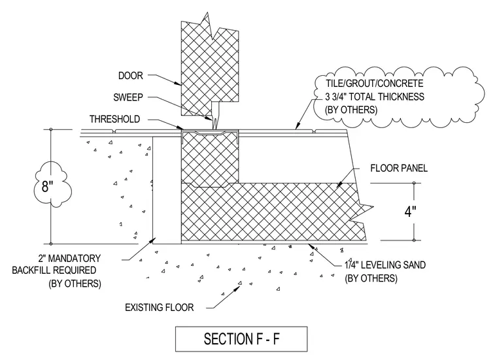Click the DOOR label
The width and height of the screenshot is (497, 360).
click(x=131, y=76)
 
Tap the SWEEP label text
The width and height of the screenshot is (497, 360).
click(x=128, y=97)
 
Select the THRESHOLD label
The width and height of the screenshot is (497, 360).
click(x=114, y=119)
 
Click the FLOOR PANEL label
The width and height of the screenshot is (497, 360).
click(x=399, y=168)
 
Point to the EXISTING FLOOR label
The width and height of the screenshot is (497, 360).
click(x=159, y=308)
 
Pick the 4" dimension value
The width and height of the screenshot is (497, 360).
click(x=410, y=212)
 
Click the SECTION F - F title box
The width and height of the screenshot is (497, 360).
click(x=241, y=339)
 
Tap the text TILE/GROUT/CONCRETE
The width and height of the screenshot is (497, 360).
click(x=375, y=84)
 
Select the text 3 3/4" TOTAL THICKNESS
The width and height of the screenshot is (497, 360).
click(x=375, y=97)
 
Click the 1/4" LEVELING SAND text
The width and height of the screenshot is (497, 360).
click(x=385, y=265)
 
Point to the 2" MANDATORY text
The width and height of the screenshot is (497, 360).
click(x=69, y=258)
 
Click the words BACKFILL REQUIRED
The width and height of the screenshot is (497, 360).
click(x=54, y=270)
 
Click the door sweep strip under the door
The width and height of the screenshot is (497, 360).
click(x=216, y=116)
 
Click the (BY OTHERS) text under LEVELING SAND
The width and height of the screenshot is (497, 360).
click(x=371, y=278)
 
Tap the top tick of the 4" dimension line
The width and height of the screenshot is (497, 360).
click(x=414, y=183)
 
